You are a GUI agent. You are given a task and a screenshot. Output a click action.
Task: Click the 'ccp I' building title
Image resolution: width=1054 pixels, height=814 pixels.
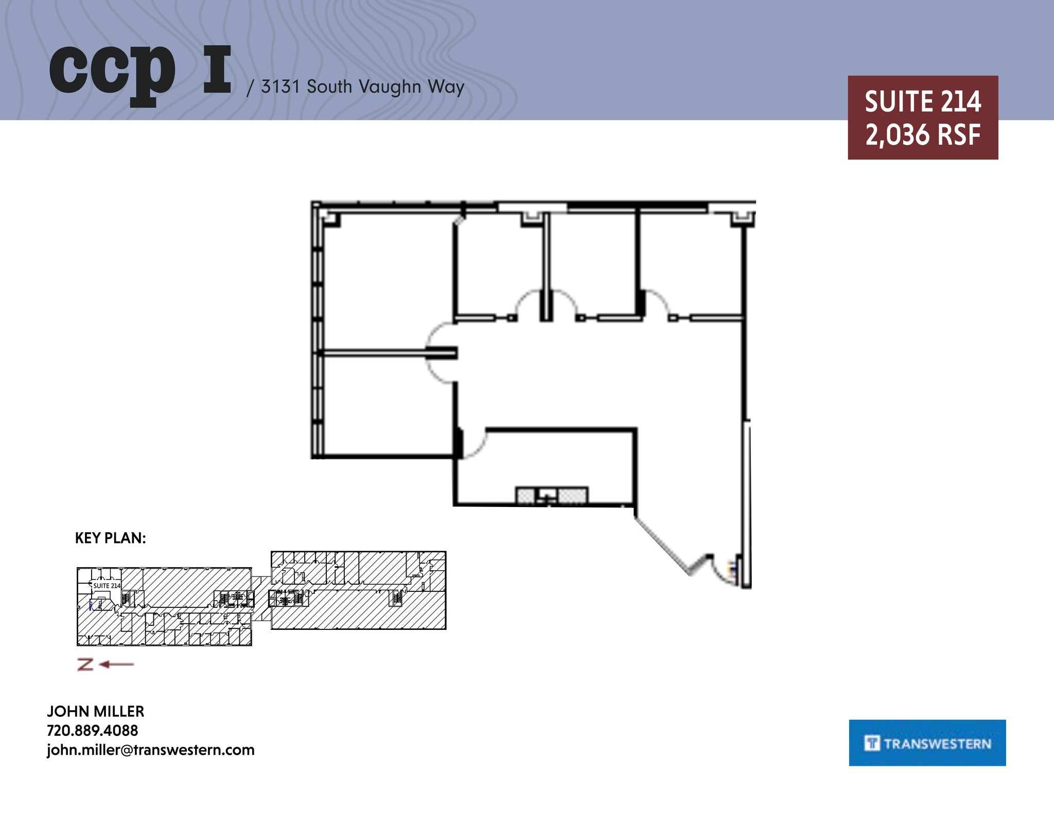click(140, 72)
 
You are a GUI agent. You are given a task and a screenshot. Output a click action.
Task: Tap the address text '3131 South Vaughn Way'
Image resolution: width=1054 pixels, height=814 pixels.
click(362, 86)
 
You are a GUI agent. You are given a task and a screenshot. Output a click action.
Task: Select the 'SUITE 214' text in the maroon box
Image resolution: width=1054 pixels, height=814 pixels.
click(922, 101)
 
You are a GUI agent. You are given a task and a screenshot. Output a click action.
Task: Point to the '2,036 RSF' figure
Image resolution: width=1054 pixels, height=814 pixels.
click(922, 135)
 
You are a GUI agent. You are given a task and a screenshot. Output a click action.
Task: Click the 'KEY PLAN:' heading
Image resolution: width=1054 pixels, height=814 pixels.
click(110, 538)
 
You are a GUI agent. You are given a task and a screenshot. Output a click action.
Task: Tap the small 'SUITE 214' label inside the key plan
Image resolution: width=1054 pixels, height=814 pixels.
click(107, 586)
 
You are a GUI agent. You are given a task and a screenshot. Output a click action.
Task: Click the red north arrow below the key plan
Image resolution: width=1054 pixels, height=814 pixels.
click(106, 664)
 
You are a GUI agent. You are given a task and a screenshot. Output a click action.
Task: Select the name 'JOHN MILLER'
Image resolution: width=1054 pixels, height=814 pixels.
click(95, 711)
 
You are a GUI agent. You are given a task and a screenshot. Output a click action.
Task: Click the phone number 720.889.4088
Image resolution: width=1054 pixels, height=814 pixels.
click(92, 730)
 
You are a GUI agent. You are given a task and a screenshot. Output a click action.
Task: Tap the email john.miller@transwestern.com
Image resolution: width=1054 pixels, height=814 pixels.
click(150, 750)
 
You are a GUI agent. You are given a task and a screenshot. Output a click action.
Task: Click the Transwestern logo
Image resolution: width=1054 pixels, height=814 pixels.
click(927, 743)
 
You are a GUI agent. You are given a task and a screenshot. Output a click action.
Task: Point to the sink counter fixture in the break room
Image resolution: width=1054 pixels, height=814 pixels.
click(551, 495)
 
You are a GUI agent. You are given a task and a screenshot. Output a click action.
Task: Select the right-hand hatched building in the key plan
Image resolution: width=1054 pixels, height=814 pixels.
click(358, 590)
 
